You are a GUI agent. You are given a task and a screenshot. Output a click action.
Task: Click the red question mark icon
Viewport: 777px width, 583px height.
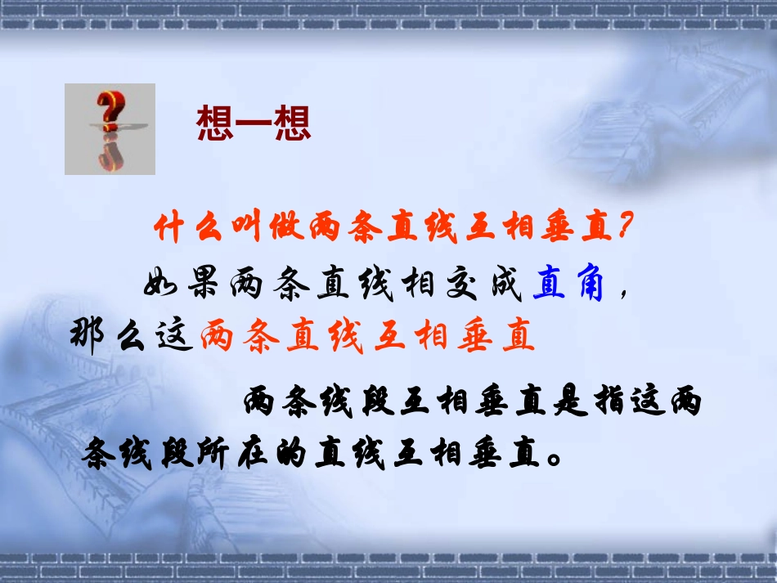110,128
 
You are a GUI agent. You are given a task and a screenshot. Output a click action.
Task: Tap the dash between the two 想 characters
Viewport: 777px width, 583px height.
254,124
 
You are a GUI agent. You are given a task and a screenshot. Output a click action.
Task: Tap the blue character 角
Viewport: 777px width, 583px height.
588,286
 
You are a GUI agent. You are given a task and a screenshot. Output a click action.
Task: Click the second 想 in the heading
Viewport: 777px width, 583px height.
293,124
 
